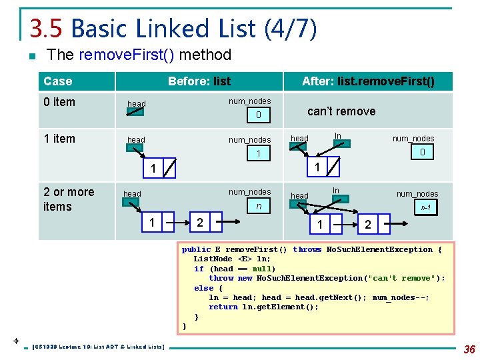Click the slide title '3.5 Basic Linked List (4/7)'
[173, 29]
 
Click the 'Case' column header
[57, 81]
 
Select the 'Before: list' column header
[199, 81]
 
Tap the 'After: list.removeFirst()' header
[368, 81]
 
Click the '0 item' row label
[59, 102]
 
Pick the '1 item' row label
[59, 139]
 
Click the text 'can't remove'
[341, 111]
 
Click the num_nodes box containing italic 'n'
[258, 207]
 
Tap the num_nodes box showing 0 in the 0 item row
[258, 116]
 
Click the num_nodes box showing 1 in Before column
[258, 154]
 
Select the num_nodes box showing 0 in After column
[422, 153]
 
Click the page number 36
[469, 349]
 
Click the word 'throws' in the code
[307, 250]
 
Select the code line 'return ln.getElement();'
[263, 307]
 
